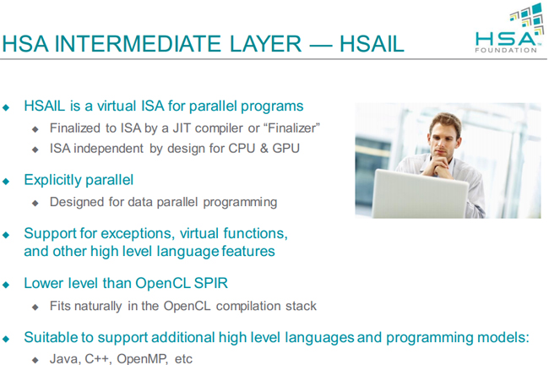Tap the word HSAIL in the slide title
click(372, 44)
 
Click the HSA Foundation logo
click(510, 28)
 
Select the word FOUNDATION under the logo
click(506, 50)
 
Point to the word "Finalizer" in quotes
click(293, 128)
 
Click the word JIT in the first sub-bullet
click(182, 128)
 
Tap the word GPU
click(285, 149)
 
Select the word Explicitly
click(52, 181)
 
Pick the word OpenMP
click(143, 359)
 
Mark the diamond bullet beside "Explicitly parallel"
click(6, 181)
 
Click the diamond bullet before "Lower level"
click(6, 285)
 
